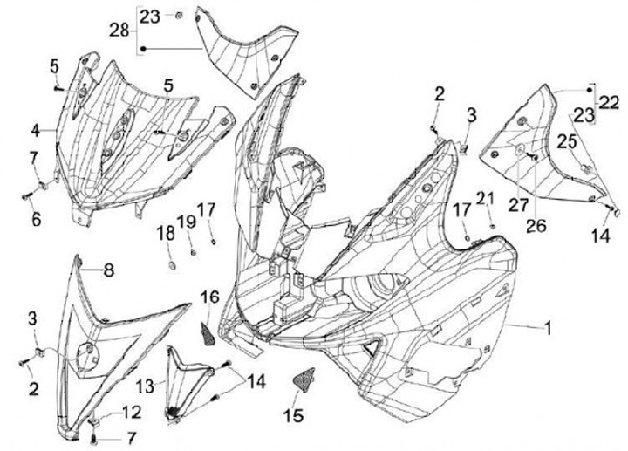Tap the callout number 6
(36, 220)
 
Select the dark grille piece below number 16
(210, 333)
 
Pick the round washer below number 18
(169, 263)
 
